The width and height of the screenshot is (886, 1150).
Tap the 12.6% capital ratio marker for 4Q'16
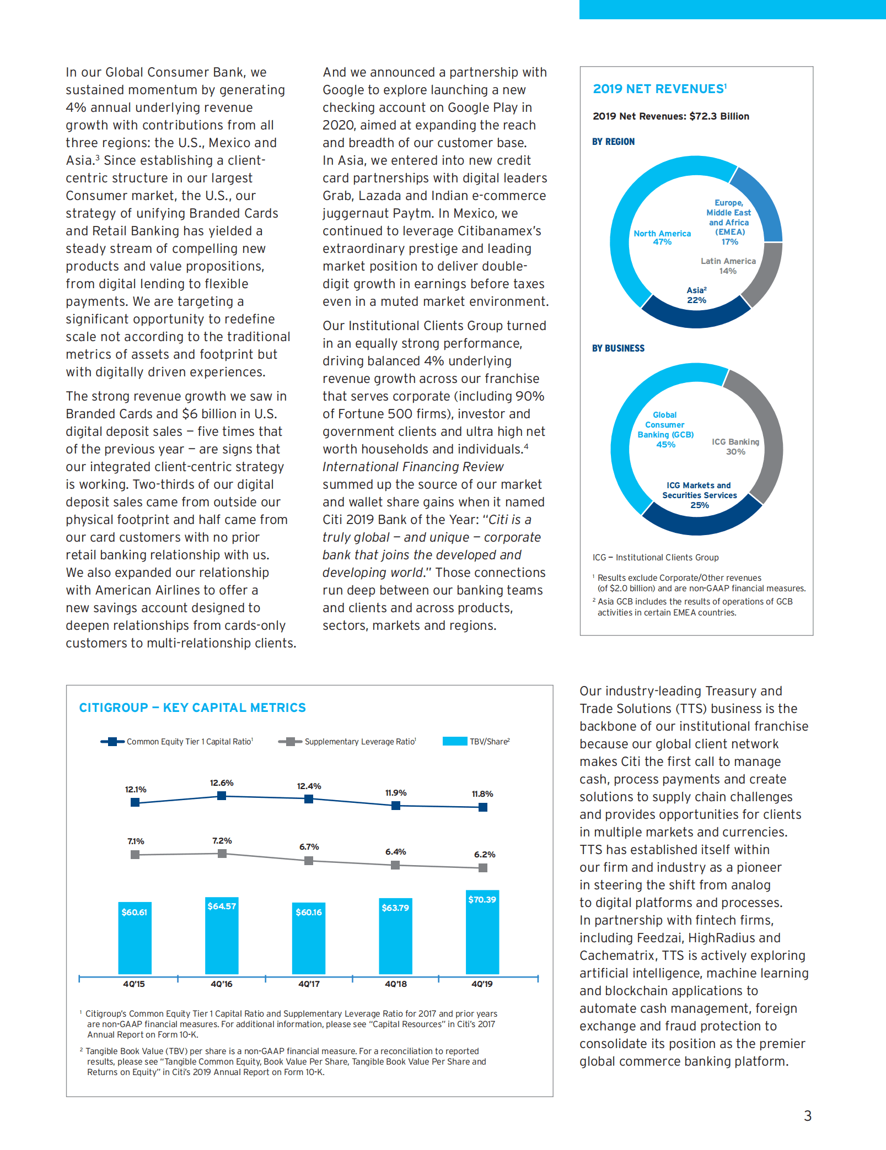coord(222,796)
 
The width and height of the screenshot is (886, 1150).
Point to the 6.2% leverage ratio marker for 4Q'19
coord(483,868)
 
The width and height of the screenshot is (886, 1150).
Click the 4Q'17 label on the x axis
coord(309,984)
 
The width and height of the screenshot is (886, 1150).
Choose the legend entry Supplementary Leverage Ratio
coord(359,742)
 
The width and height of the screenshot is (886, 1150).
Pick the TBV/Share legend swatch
coord(455,741)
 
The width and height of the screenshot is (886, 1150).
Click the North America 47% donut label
coord(662,237)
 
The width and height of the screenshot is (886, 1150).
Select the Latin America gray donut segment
coord(766,276)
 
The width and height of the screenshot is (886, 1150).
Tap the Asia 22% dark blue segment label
coord(696,295)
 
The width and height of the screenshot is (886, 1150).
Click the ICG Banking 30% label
coord(735,446)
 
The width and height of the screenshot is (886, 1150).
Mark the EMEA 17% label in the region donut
coord(729,223)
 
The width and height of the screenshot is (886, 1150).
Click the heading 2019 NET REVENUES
coord(659,89)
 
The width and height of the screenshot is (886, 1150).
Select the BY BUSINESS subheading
coord(618,348)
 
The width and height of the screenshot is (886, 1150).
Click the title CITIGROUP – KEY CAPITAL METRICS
coord(192,708)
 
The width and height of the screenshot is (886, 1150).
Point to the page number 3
coord(808,1116)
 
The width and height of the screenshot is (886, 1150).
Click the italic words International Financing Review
coord(413,467)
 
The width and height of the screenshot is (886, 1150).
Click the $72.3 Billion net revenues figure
coord(719,116)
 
